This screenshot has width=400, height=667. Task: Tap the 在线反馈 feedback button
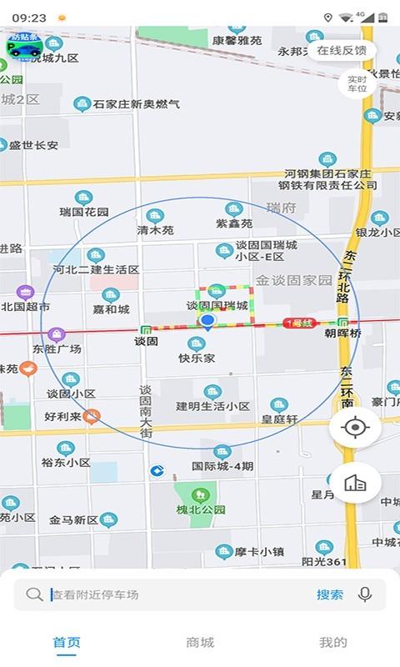click(x=342, y=50)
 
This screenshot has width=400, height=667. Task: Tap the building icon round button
click(x=355, y=484)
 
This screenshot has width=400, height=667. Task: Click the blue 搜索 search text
click(x=329, y=594)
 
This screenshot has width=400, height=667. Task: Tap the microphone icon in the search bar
click(x=364, y=594)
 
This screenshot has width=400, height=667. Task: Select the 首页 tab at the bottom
click(x=67, y=642)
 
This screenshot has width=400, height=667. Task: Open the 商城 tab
click(x=200, y=642)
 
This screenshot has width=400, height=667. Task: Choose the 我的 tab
click(x=333, y=642)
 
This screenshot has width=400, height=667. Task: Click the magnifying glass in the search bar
click(x=34, y=594)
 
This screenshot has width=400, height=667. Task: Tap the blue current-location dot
click(x=208, y=321)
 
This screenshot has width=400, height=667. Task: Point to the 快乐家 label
click(x=197, y=358)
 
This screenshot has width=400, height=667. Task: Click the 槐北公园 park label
click(x=201, y=509)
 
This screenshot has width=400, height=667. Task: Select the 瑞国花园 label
click(x=84, y=212)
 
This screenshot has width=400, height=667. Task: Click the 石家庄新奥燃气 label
click(x=136, y=104)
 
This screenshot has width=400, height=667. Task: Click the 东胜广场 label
click(x=57, y=349)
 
